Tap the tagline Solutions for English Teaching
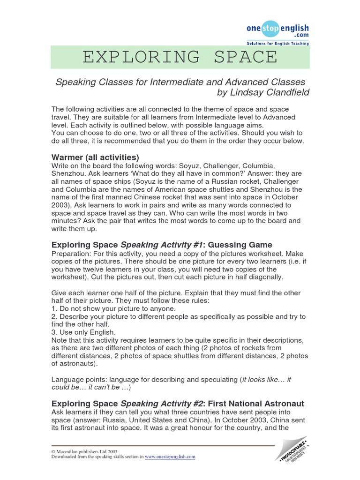[278, 44]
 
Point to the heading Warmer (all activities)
[95, 157]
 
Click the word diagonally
[266, 277]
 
